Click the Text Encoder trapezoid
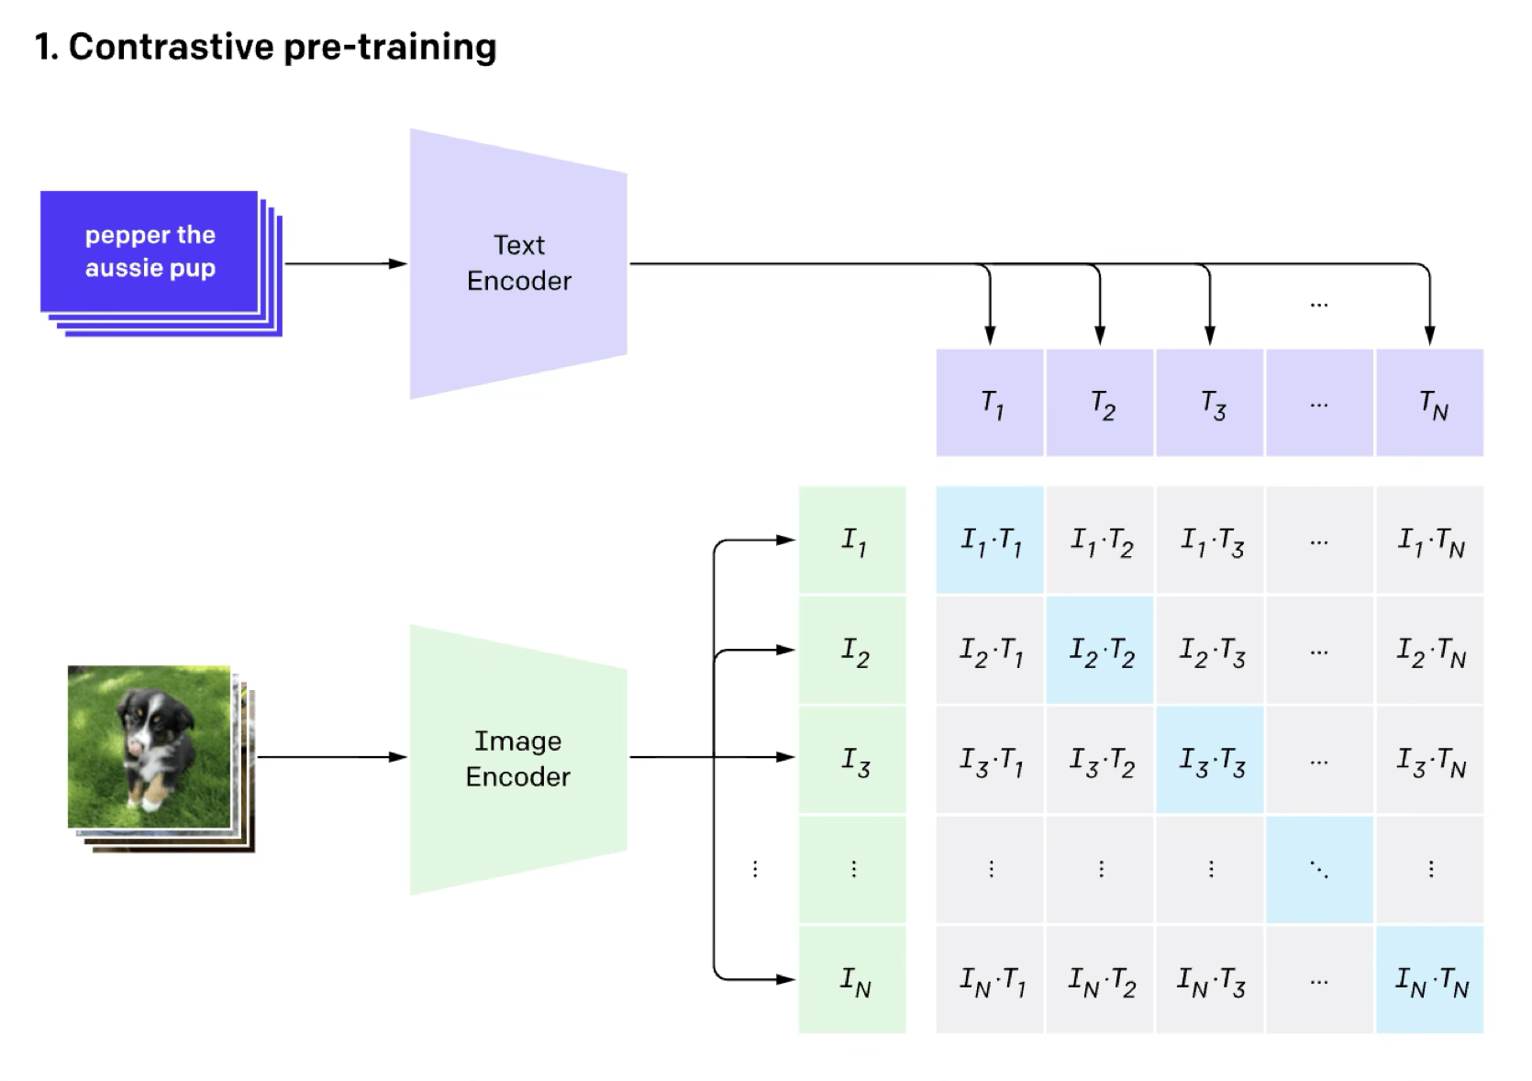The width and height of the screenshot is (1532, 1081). click(x=518, y=263)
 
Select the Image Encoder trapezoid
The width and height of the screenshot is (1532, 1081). click(x=518, y=759)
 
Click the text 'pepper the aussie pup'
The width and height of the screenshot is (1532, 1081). click(x=150, y=251)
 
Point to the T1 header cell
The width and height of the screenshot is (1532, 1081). click(x=990, y=403)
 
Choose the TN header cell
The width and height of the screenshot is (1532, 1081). click(x=1429, y=403)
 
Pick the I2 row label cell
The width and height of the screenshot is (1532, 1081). click(x=852, y=651)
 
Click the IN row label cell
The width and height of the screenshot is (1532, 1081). click(x=852, y=980)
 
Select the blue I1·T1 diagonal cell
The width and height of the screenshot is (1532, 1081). click(x=990, y=540)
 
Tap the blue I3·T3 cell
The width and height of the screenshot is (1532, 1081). click(x=1210, y=760)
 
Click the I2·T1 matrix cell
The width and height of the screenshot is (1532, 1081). click(x=990, y=651)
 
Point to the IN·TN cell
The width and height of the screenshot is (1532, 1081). click(x=1429, y=980)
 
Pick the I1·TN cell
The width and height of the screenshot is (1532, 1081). click(x=1429, y=540)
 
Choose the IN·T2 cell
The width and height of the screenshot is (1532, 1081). click(x=1100, y=980)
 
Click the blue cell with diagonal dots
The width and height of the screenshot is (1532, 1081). click(x=1319, y=870)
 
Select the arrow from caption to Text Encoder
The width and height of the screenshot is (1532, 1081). click(x=344, y=264)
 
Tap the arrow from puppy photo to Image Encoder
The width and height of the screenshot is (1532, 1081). click(x=330, y=757)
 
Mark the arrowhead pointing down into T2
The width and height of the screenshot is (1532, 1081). click(x=1100, y=335)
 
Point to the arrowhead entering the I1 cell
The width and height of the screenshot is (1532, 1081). click(x=785, y=540)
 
